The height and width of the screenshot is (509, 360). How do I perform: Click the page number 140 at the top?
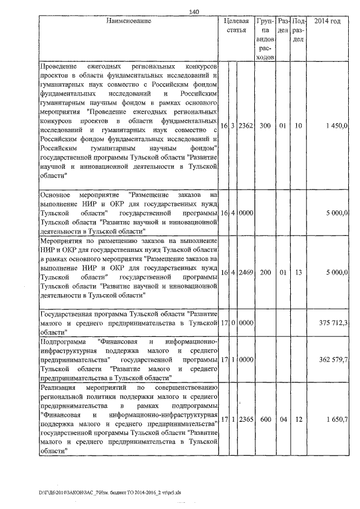[195, 11]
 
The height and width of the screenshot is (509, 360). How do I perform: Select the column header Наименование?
[129, 21]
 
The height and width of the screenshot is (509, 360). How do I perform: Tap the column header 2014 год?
[327, 21]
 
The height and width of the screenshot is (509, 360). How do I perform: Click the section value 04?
[283, 418]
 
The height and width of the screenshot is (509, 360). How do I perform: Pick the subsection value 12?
[299, 418]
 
